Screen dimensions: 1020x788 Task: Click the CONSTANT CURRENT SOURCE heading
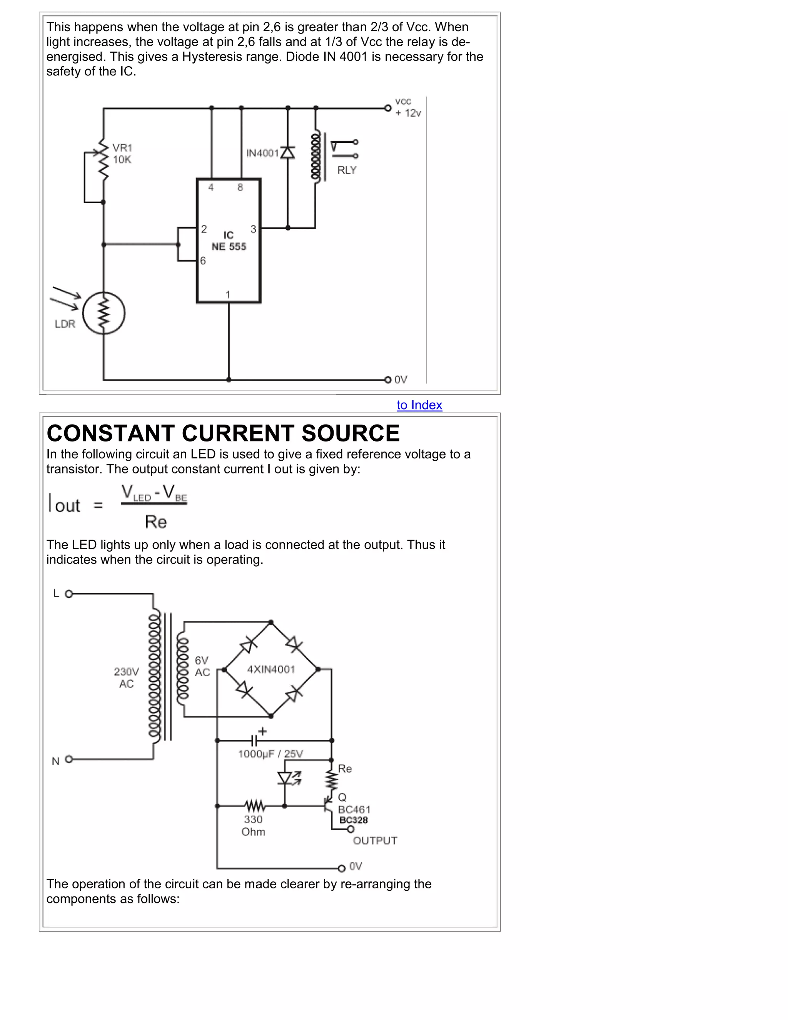[x=223, y=433]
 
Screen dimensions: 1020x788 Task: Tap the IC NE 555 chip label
[x=229, y=241]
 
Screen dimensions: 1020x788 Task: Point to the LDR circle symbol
[x=104, y=313]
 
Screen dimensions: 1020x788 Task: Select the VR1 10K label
[x=122, y=154]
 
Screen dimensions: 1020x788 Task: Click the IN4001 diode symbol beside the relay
[x=287, y=152]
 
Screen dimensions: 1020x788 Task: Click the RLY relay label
[x=347, y=171]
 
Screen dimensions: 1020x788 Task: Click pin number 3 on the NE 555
[x=254, y=229]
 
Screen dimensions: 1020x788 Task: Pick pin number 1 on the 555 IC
[x=228, y=294]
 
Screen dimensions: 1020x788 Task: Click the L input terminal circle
[x=68, y=594]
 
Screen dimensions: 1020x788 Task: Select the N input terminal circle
[x=68, y=759]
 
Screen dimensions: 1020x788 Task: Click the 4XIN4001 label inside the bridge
[x=271, y=670]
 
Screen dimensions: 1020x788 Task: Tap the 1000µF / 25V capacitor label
[x=271, y=754]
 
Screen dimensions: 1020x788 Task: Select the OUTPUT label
[x=375, y=841]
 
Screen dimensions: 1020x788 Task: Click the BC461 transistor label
[x=354, y=809]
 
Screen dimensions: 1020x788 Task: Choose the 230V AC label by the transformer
[x=127, y=678]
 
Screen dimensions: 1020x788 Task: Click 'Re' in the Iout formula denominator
[x=156, y=522]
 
